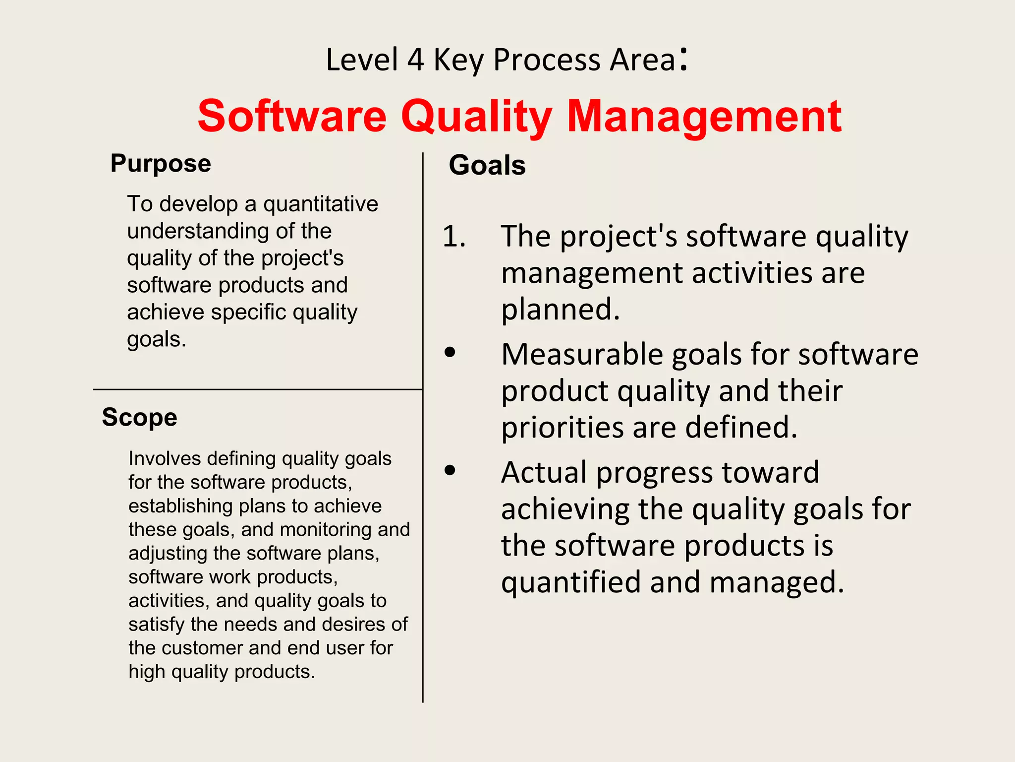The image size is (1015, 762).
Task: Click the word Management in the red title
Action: pos(704,117)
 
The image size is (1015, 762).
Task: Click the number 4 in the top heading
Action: pos(415,60)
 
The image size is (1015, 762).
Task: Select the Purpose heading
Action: pos(161,164)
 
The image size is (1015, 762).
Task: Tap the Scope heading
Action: pos(139,417)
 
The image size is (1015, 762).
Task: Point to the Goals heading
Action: pos(487,165)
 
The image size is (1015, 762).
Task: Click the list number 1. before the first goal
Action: pos(454,236)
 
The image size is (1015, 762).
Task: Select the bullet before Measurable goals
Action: pos(450,352)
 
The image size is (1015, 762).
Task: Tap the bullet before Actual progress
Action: pos(450,470)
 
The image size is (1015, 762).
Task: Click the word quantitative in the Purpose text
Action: pos(321,204)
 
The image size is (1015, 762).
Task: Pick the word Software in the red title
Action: pos(292,117)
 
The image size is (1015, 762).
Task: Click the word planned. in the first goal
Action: pos(561,310)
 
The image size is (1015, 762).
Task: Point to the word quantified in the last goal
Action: pos(571,582)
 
